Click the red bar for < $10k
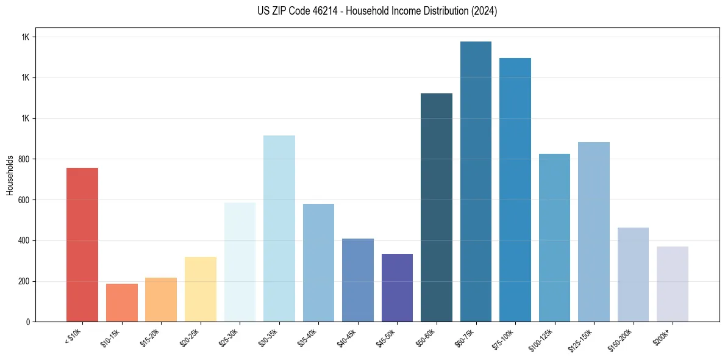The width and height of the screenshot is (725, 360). click(82, 244)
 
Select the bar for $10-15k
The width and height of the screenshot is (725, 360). click(122, 303)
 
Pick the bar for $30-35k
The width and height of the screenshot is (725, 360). click(279, 229)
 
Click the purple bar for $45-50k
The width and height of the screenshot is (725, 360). click(397, 287)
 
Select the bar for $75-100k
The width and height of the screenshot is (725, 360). click(515, 190)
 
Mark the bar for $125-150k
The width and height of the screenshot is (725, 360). click(594, 232)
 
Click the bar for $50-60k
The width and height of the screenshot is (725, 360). click(437, 207)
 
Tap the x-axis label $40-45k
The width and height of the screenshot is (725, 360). click(346, 337)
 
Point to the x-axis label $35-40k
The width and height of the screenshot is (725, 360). click(307, 337)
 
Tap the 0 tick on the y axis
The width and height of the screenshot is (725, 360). click(27, 322)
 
